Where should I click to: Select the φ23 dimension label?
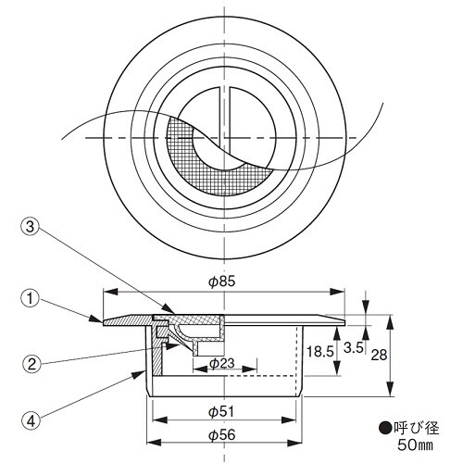(220, 363)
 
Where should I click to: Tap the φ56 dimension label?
(220, 434)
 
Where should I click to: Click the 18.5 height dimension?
(319, 349)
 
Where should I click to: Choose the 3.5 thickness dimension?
(354, 349)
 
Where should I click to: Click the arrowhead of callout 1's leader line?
(103, 321)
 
